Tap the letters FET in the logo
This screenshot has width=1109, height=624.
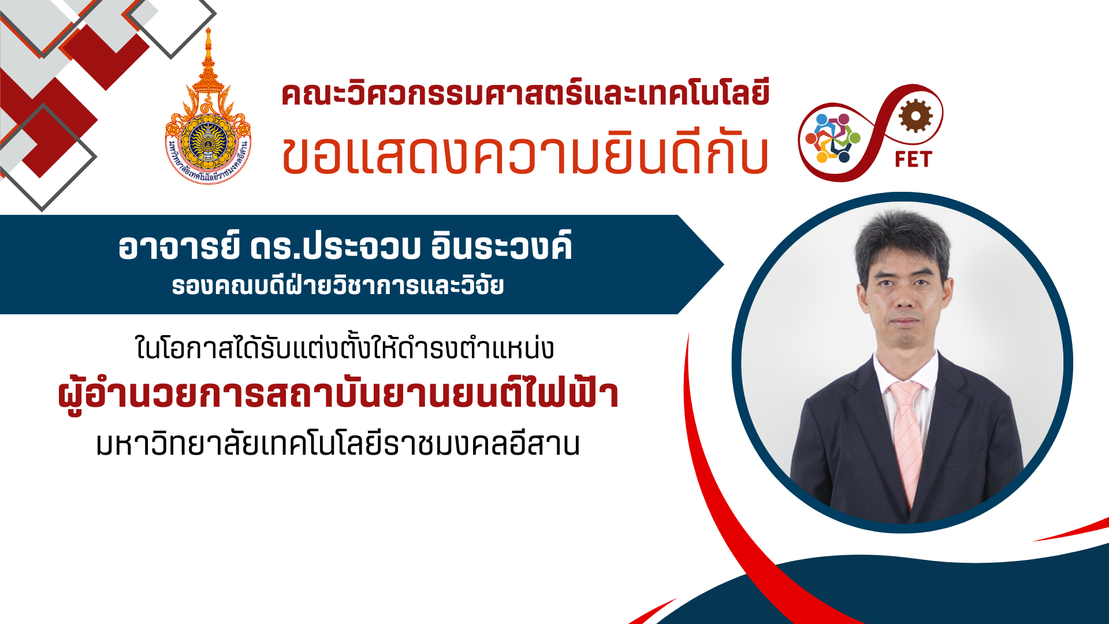[913, 159]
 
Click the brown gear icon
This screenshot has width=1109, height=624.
[916, 116]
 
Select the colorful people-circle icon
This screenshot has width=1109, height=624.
[833, 138]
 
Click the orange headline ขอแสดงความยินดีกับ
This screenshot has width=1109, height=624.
[525, 155]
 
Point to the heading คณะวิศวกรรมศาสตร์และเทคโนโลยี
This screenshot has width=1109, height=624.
[526, 94]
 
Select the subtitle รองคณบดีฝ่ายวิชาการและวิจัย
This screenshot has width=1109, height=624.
[338, 285]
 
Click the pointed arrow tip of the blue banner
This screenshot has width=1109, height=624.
[723, 265]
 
